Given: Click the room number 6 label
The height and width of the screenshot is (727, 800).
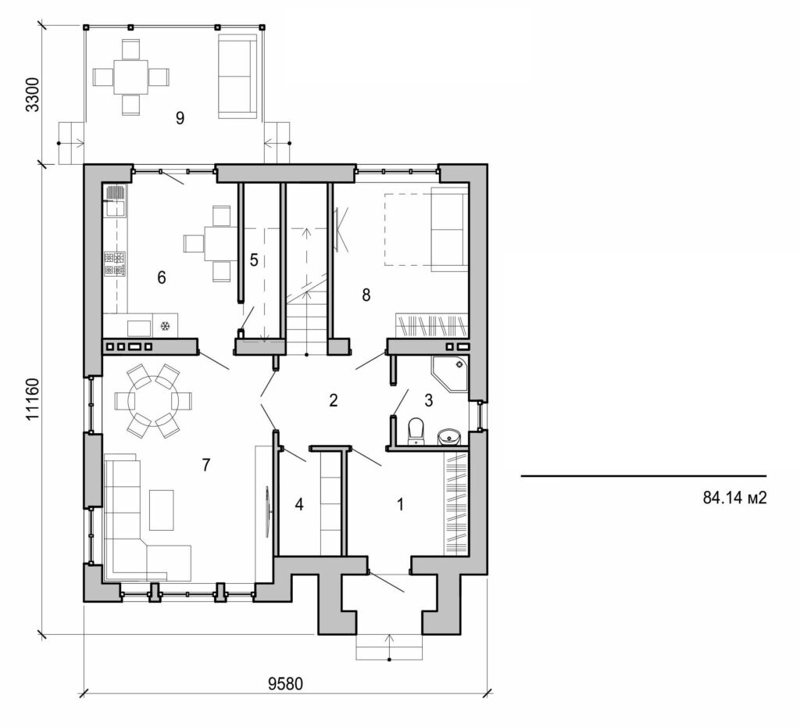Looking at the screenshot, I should pos(162,277).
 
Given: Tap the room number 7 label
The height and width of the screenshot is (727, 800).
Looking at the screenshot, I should pos(205,465).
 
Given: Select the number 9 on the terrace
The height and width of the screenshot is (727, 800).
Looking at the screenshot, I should pos(180,118).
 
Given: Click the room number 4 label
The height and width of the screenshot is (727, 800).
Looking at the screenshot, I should pos(298,505).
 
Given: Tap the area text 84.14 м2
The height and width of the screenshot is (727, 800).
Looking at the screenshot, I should pos(733,498).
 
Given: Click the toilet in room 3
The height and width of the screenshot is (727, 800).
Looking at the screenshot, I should pos(416,430).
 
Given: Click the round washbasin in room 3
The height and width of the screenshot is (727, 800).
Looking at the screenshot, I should pos(448,435).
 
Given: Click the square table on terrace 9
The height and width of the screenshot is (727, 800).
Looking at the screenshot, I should pos(131,77).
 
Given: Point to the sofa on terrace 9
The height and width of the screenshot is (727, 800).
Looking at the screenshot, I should pos(237,76).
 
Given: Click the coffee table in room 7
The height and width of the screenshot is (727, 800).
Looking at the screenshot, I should pos(162,509).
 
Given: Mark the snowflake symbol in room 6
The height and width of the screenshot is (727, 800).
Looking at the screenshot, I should pos(165,326).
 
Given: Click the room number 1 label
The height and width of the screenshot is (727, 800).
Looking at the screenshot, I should pos(401,505).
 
